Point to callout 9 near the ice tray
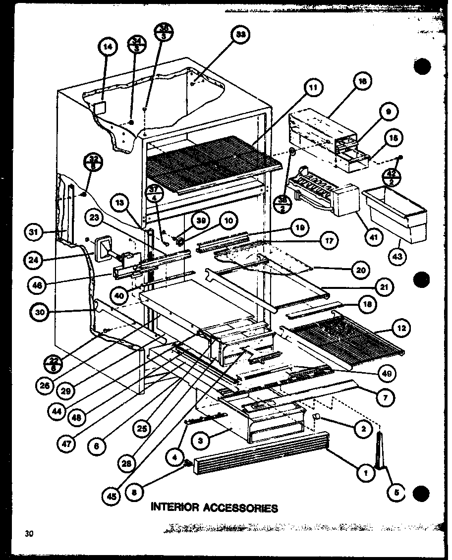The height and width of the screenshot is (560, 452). pos(388,112)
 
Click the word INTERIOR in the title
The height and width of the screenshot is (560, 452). pos(173,507)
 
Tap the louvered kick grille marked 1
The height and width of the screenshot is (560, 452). pos(260,452)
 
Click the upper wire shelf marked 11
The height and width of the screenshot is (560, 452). pos(208,164)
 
